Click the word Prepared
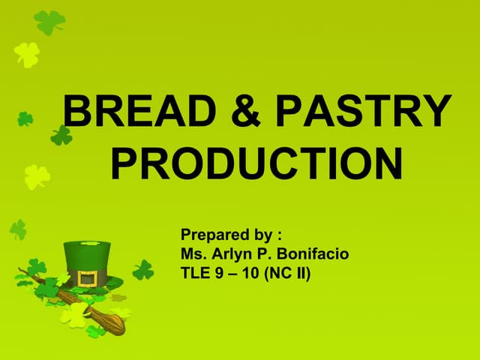pos(213,236)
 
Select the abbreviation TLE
pos(195,274)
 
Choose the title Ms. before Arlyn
pos(193,255)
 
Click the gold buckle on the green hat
pos(88,279)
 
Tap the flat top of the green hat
pos(83,244)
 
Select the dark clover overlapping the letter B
pos(61,136)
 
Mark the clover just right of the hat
pos(142,270)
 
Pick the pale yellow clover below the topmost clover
pos(27,53)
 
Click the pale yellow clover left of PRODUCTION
pos(37,177)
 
